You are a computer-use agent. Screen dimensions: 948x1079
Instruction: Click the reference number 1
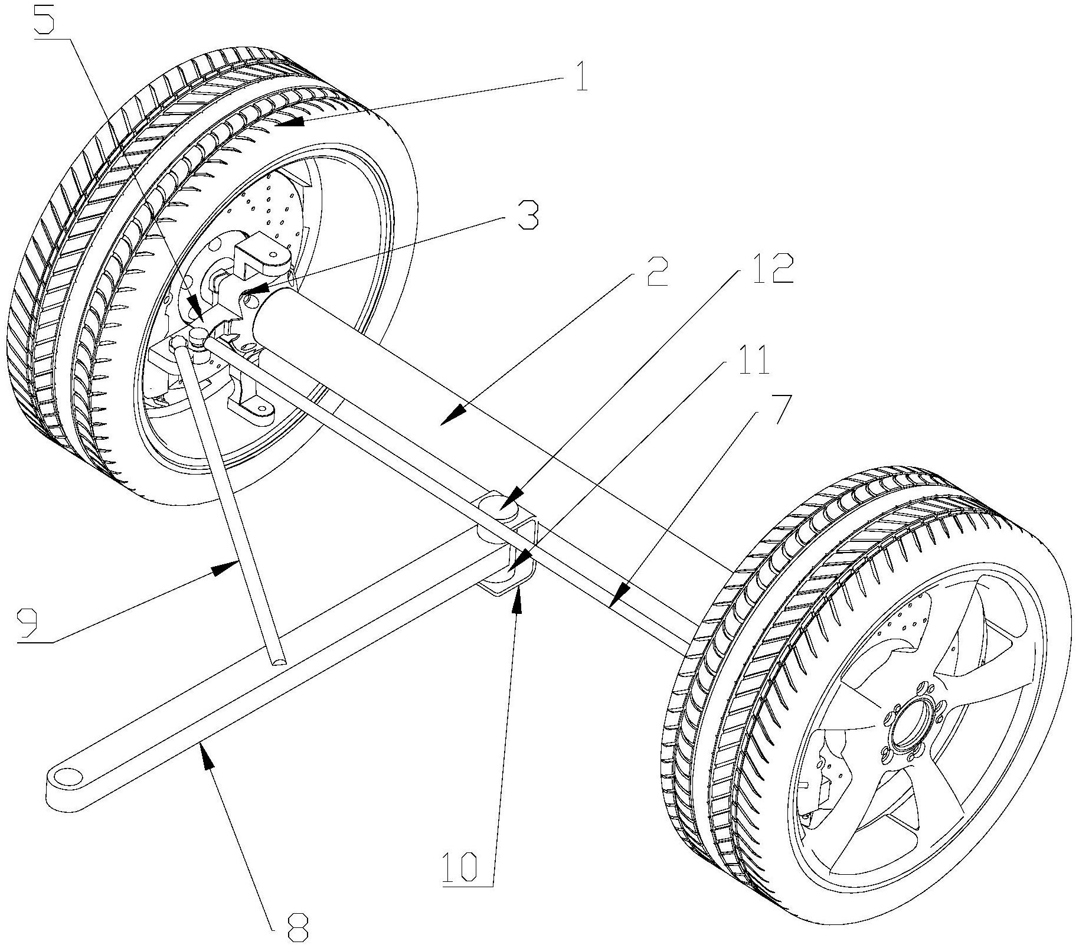click(x=581, y=77)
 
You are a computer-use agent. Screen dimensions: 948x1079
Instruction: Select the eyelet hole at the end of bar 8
click(x=67, y=777)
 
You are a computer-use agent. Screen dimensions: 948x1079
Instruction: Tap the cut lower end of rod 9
click(x=276, y=657)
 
